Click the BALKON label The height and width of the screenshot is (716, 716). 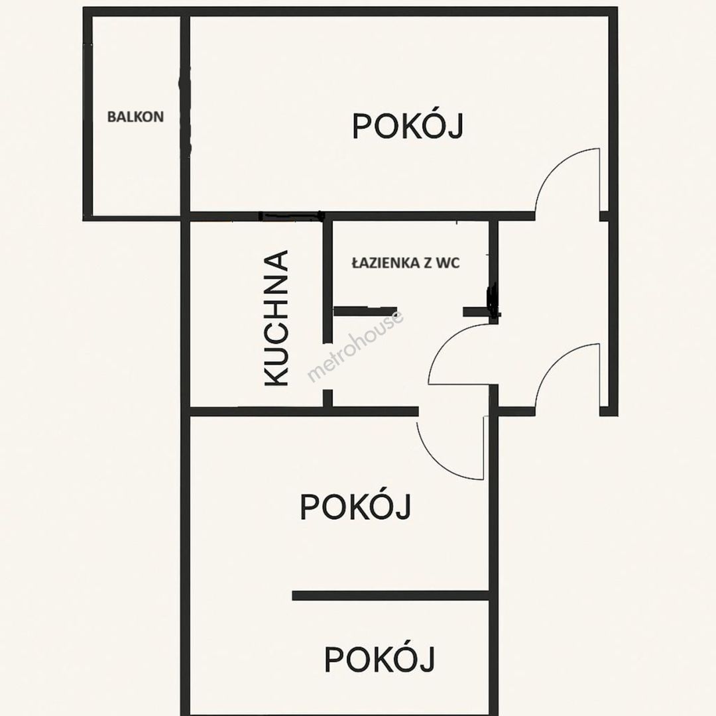tap(135, 117)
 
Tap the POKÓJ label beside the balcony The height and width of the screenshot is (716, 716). tap(408, 126)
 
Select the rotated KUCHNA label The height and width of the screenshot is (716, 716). tap(276, 318)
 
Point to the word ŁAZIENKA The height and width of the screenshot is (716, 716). tap(385, 263)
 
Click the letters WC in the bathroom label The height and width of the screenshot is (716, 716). tap(448, 263)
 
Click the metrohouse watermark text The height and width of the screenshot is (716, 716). tap(355, 346)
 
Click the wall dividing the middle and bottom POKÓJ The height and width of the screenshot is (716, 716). tap(391, 595)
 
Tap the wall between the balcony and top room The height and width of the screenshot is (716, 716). tap(185, 114)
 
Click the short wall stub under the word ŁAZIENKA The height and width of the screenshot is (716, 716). tap(365, 312)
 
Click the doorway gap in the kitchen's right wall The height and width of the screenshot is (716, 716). tap(328, 366)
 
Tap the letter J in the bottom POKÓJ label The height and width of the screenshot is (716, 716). tap(427, 660)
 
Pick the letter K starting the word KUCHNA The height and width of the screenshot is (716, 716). tap(276, 375)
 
